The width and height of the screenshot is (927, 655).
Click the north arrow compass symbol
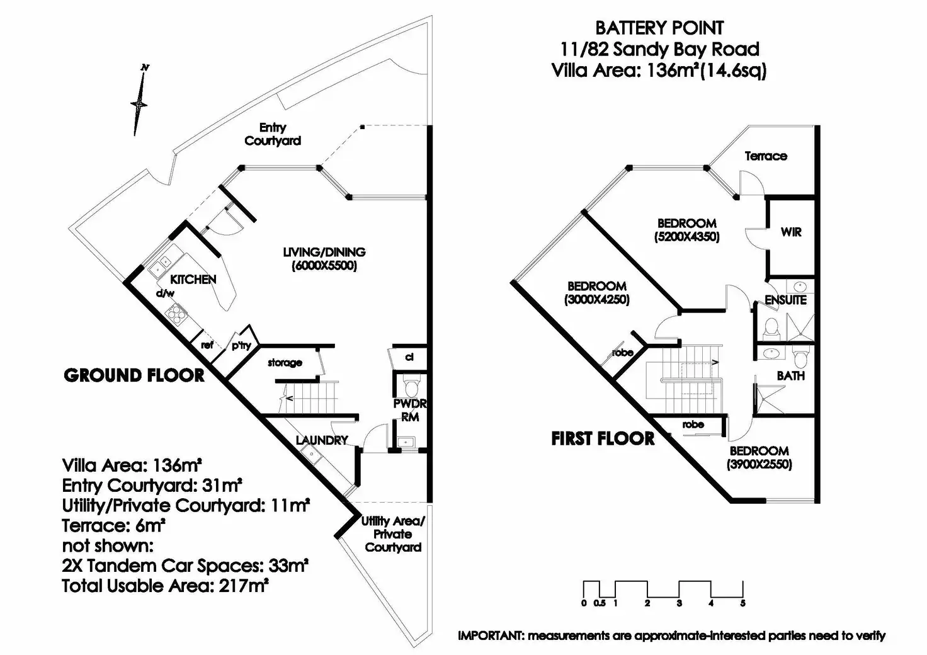tap(140, 101)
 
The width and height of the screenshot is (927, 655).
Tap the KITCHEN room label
tap(193, 279)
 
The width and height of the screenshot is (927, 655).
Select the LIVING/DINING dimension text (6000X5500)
tap(324, 266)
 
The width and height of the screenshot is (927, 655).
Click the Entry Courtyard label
tap(273, 134)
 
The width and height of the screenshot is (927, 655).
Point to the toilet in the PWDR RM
tap(411, 385)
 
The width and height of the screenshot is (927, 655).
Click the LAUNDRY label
tap(322, 440)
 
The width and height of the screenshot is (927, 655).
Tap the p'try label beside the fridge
tap(241, 345)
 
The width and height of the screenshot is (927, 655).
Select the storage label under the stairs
tap(285, 363)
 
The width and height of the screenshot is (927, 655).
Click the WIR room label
tap(791, 232)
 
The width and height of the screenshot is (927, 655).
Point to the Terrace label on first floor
tap(766, 156)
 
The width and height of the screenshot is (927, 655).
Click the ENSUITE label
tap(785, 300)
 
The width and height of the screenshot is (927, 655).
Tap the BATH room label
tap(790, 375)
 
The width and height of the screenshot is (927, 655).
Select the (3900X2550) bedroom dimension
tap(759, 465)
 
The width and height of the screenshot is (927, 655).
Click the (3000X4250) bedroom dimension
tap(597, 300)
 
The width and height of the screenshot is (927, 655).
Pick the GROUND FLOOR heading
tap(134, 375)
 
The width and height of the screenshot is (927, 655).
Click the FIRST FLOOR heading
tap(603, 438)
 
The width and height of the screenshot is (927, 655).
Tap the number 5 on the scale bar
tap(743, 603)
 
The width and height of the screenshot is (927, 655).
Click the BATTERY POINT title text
tap(659, 28)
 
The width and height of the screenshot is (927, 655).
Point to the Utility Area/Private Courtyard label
tap(393, 534)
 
